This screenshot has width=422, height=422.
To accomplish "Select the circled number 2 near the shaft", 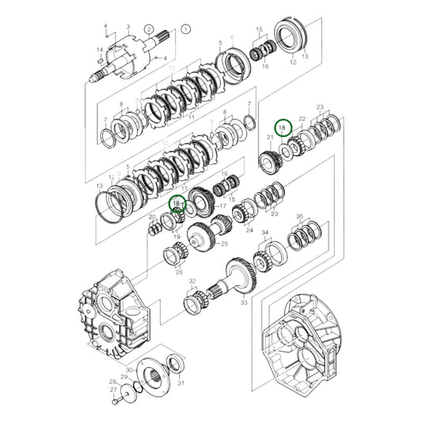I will point(149,29).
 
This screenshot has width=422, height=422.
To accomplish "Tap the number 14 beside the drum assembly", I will point(100,49).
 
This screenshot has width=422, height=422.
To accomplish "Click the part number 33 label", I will point(244,302).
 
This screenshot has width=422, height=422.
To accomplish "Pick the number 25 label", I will point(224,244).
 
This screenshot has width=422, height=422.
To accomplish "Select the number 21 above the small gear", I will point(270,138).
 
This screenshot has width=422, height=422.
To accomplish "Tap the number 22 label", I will point(302,119).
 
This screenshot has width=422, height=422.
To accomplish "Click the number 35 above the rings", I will point(300,216).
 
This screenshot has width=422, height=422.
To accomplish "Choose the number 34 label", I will point(265,234).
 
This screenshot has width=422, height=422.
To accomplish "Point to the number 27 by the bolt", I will point(112,390).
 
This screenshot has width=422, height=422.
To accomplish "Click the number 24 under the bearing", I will point(249,232).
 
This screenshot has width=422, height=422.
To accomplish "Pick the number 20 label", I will point(152,217).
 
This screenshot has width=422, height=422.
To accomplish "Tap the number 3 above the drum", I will point(128,26).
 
